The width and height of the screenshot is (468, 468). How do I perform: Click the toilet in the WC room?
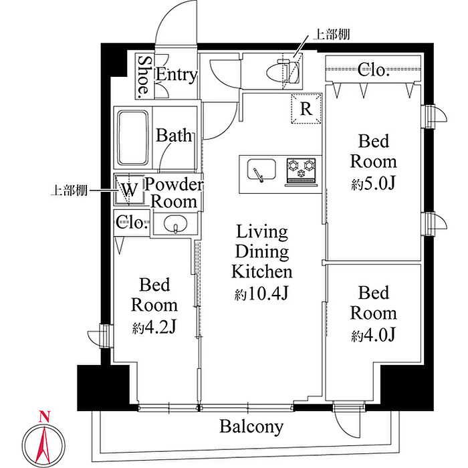(283, 72)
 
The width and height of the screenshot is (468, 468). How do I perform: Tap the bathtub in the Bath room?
(133, 138)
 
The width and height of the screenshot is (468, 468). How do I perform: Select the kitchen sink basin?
(261, 169)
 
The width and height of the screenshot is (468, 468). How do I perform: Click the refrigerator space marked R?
(306, 108)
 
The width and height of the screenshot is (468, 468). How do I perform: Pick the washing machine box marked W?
(129, 189)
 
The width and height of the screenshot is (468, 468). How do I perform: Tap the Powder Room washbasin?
(175, 224)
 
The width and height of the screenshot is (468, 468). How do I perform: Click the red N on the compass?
(44, 417)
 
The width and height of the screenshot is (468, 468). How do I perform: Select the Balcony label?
(251, 427)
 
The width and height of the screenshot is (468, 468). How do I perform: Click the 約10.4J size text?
(261, 294)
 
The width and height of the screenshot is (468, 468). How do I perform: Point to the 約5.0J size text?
(373, 183)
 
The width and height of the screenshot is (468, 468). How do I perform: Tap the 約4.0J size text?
(373, 334)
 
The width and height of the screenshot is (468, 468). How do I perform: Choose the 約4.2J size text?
(154, 327)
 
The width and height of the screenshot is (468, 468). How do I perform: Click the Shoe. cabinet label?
(144, 76)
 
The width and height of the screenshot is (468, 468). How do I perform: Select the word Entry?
(177, 74)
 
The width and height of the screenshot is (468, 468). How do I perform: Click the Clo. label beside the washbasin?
(132, 223)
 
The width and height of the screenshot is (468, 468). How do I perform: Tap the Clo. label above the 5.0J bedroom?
(373, 70)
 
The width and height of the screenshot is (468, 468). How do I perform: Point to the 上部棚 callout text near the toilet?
(331, 35)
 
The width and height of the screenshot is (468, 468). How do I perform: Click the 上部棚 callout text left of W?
(69, 190)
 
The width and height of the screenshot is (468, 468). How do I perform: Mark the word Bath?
(174, 135)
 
